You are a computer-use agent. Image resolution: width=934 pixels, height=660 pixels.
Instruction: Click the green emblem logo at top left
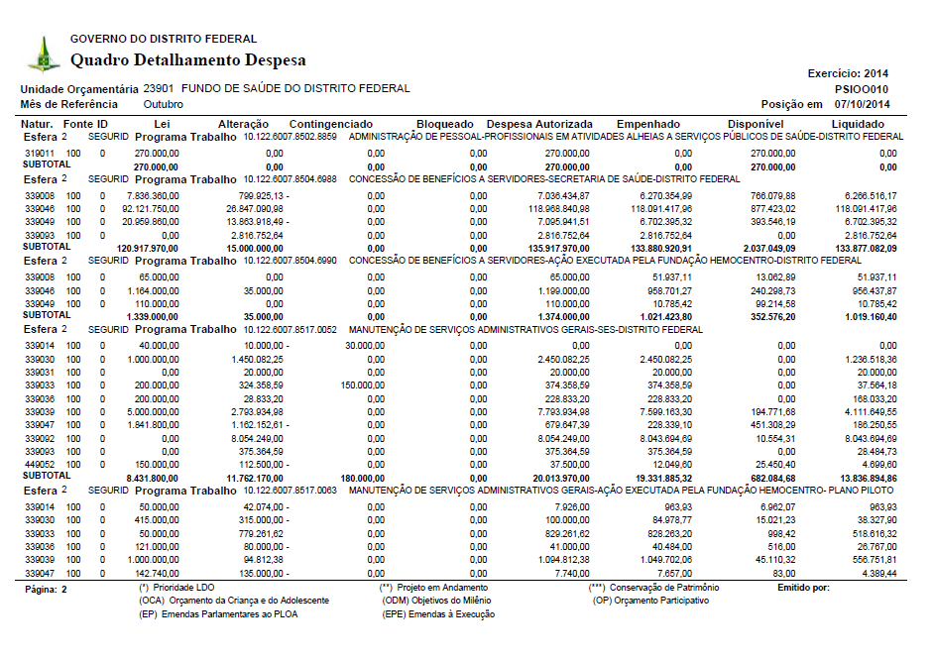tap(43, 54)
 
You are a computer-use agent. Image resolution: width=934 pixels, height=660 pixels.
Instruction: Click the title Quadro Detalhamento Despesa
tap(188, 60)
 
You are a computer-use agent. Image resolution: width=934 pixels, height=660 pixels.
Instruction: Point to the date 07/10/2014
tap(862, 104)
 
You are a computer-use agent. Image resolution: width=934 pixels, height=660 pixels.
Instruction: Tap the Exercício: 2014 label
tap(849, 73)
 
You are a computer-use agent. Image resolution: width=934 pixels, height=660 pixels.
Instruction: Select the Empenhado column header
tap(647, 124)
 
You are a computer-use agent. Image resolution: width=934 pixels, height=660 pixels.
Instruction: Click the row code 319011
tap(38, 154)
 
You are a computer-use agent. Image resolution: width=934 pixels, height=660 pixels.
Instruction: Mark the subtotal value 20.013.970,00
tap(558, 477)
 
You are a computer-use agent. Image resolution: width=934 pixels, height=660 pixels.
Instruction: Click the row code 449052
tap(38, 463)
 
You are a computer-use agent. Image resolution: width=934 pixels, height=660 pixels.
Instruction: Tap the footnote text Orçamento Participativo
tap(664, 602)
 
